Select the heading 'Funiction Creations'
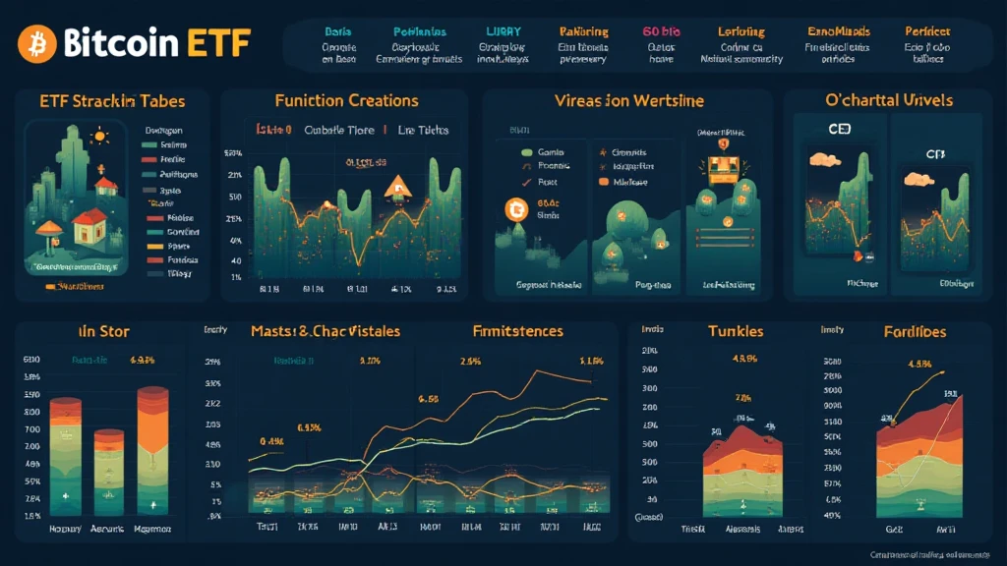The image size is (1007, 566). pos(346,100)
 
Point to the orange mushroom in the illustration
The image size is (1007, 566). pos(47,233)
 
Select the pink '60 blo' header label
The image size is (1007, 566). pos(661,31)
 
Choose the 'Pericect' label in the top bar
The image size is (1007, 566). pos(926,31)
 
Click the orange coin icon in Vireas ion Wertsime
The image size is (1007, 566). pos(513,207)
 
